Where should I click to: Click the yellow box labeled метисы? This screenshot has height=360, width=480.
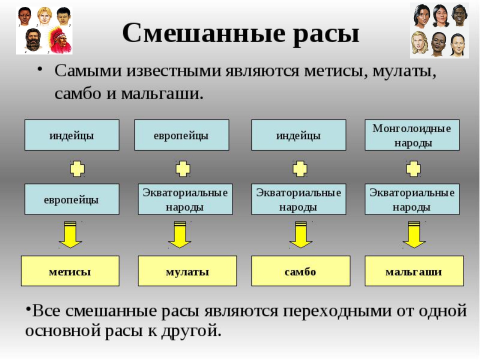pyautogui.click(x=70, y=271)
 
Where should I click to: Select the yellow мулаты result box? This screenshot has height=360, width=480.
pyautogui.click(x=187, y=271)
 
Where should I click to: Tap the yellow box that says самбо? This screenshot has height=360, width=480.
pyautogui.click(x=300, y=271)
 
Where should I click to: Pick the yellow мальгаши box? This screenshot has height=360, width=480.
pyautogui.click(x=414, y=271)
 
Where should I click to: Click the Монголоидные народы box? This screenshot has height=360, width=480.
pyautogui.click(x=412, y=135)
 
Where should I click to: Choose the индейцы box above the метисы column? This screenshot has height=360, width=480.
pyautogui.click(x=72, y=135)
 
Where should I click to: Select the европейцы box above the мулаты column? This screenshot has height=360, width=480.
pyautogui.click(x=181, y=135)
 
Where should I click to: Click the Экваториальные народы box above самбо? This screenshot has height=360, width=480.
pyautogui.click(x=299, y=199)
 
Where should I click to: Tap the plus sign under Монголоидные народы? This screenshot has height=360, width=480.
pyautogui.click(x=413, y=168)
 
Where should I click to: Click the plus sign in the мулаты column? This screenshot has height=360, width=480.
pyautogui.click(x=183, y=168)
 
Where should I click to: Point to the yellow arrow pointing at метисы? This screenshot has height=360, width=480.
pyautogui.click(x=70, y=234)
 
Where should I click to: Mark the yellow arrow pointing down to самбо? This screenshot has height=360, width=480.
pyautogui.click(x=300, y=234)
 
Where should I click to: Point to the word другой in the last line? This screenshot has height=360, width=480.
pyautogui.click(x=190, y=331)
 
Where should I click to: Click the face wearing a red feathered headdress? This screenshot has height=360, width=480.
pyautogui.click(x=60, y=40)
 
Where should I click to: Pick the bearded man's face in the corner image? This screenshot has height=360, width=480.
pyautogui.click(x=33, y=40)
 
